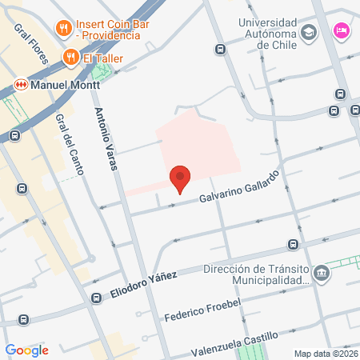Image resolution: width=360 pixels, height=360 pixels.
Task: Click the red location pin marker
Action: point(180,178)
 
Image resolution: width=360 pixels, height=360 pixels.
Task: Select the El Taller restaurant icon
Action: point(70,57)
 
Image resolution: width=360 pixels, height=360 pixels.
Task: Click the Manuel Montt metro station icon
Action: point(21,82)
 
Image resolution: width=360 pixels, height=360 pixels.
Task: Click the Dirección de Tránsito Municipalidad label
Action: point(256,274)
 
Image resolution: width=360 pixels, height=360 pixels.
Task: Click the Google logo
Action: point(26,350)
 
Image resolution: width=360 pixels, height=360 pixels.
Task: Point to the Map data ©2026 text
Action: point(326,354)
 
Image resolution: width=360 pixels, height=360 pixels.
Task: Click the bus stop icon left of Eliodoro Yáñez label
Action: point(97,298)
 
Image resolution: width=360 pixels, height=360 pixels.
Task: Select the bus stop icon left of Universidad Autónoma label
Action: point(221,50)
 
